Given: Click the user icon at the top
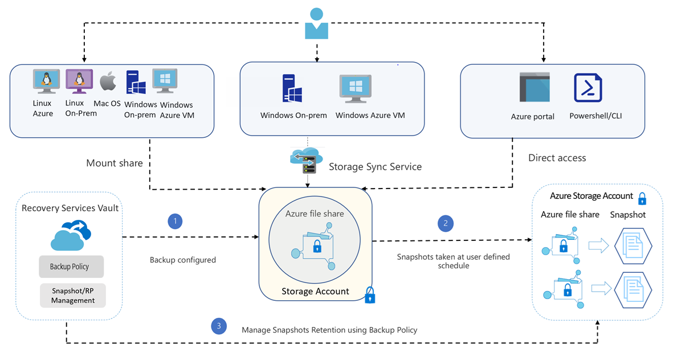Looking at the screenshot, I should (x=316, y=24).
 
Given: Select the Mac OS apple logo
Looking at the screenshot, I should (x=108, y=82).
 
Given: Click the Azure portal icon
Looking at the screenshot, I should (x=534, y=87).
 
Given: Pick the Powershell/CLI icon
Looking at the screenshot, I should (x=588, y=87).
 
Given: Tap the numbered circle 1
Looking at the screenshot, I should (x=175, y=222).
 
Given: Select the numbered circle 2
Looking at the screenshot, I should (x=446, y=223).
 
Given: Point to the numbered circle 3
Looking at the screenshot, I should (x=218, y=326).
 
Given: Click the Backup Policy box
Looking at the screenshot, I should (x=72, y=267).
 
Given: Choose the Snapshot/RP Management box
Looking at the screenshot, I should (x=72, y=296).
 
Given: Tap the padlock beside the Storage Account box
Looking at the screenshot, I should (x=370, y=294).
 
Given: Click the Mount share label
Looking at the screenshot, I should (x=115, y=163).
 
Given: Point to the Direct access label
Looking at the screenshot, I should (x=557, y=158).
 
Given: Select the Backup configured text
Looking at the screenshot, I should (x=182, y=260).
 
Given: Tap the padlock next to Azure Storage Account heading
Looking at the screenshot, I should (x=642, y=198).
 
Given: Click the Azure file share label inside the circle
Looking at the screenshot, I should (x=315, y=214).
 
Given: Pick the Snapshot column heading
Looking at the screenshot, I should (x=628, y=215).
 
